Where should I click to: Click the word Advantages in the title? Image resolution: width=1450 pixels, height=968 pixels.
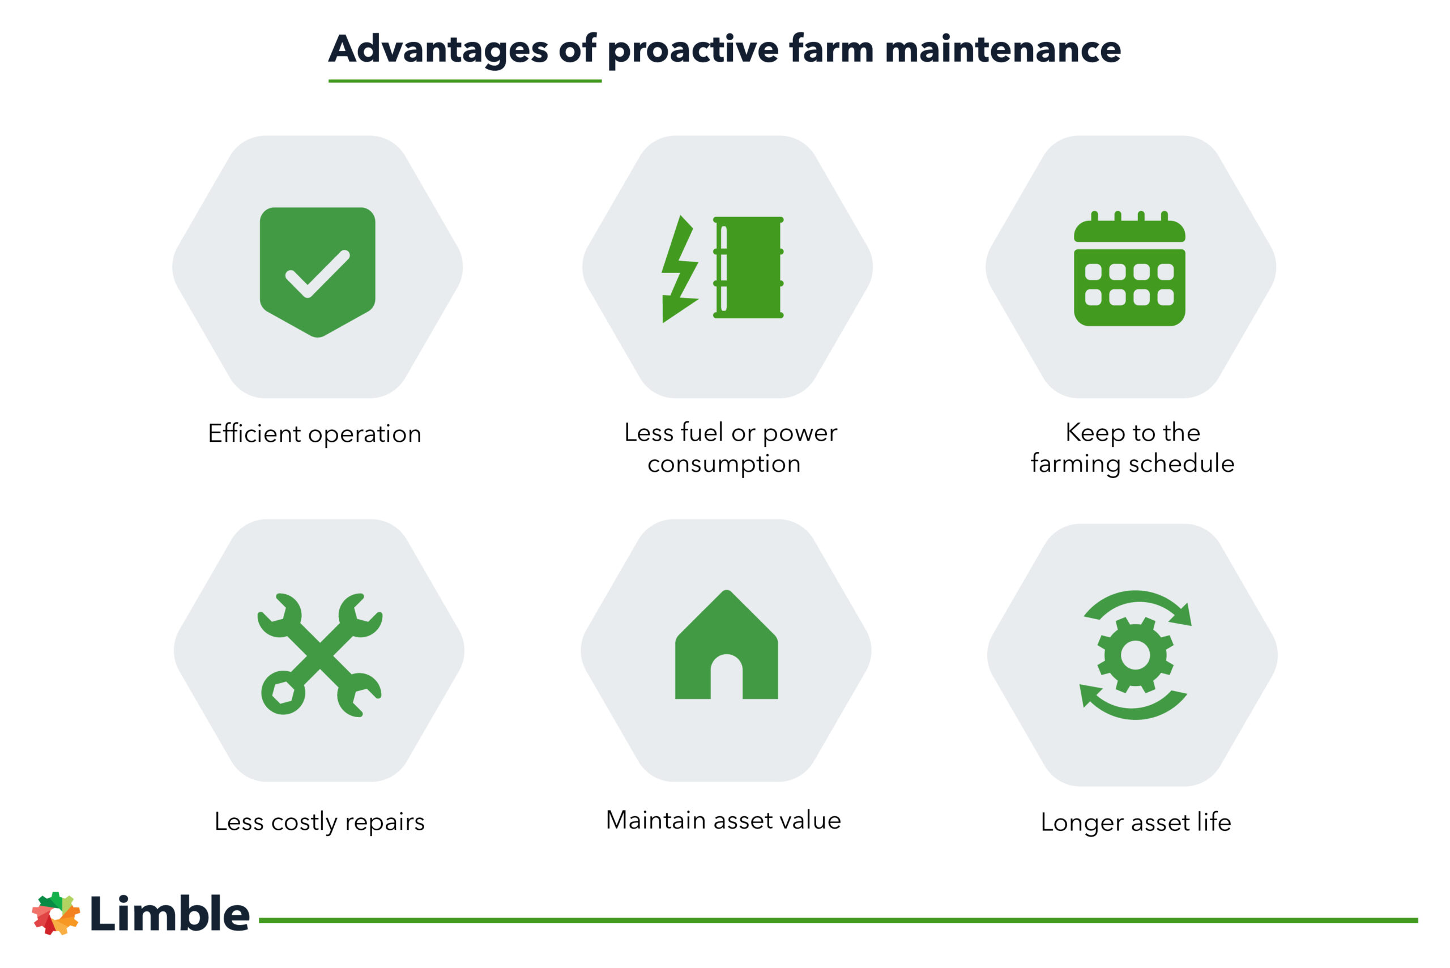point(438,49)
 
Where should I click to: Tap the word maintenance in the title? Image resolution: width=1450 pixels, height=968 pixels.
point(1003,49)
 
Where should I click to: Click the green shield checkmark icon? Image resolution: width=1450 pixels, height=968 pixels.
point(317,272)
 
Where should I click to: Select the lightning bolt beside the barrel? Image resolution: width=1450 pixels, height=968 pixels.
point(679,269)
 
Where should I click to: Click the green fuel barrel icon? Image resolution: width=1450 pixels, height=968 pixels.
point(749,267)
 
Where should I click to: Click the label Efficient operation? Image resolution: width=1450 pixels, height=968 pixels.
point(315,434)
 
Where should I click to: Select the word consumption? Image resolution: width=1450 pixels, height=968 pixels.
point(724,464)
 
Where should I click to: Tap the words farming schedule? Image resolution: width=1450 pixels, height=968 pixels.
point(1132,464)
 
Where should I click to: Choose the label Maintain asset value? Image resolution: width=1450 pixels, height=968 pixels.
point(723,821)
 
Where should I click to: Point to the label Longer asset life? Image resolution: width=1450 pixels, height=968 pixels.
point(1135,823)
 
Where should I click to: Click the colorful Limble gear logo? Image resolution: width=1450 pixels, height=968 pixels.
point(56,913)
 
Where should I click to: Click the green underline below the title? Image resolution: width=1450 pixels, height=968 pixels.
point(464,81)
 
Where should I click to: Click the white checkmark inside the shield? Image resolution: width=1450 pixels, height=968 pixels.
point(317,274)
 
